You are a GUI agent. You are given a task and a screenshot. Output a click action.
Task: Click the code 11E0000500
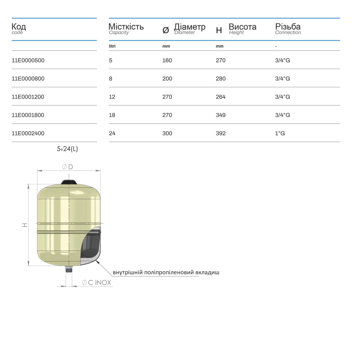point(28,60)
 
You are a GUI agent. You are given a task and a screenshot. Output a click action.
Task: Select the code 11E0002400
point(28,133)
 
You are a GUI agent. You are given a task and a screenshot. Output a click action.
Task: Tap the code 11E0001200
point(28,97)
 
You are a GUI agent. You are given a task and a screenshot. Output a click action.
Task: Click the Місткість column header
point(126,27)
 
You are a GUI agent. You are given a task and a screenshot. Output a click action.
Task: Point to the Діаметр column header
point(189,27)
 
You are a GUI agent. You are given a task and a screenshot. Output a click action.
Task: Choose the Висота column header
point(242,27)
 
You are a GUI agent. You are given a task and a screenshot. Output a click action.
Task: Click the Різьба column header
point(288,27)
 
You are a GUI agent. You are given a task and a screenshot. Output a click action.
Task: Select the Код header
point(19,27)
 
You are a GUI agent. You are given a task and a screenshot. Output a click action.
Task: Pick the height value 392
point(220,133)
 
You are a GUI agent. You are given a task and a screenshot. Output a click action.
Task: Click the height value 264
point(220,97)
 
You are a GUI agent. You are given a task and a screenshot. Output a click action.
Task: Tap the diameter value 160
point(167,60)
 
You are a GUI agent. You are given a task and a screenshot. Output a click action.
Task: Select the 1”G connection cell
point(280,133)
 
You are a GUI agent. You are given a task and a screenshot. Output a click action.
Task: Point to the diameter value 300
point(167,133)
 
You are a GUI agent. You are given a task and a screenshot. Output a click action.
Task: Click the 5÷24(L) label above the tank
point(67,149)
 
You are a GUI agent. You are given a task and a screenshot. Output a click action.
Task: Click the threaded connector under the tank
point(69,269)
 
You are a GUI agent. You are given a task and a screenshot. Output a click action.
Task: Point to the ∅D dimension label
point(67,167)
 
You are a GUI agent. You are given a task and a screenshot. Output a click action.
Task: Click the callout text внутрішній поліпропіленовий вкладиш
point(166,272)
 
